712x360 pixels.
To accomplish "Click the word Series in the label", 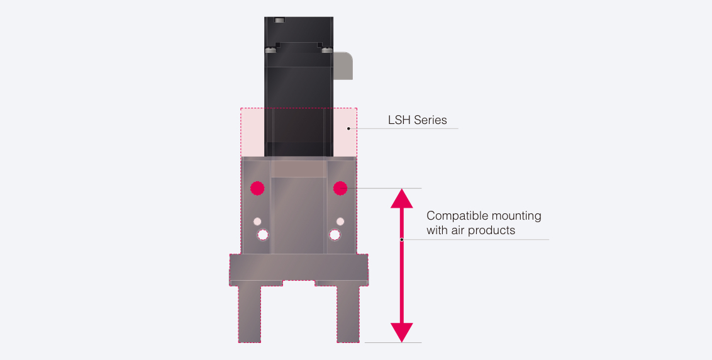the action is click(430, 120).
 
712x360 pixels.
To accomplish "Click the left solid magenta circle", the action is click(257, 188).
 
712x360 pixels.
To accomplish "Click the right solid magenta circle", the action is click(340, 188).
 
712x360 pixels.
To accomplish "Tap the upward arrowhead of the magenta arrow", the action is click(402, 198).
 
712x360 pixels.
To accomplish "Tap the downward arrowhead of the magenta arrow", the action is click(402, 332).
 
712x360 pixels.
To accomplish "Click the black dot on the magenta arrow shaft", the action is click(402, 240).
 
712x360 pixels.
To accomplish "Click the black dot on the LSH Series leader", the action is click(348, 128).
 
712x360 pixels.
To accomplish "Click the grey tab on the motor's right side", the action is click(343, 66).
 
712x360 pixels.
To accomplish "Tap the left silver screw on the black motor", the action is click(270, 50).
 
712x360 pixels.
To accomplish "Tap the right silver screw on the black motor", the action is click(327, 50).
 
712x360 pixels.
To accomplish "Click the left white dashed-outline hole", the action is click(262, 235).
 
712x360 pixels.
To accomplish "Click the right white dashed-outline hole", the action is click(335, 235).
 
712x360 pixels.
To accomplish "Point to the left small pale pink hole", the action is click(257, 222).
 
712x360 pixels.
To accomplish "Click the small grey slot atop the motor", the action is click(280, 20).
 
